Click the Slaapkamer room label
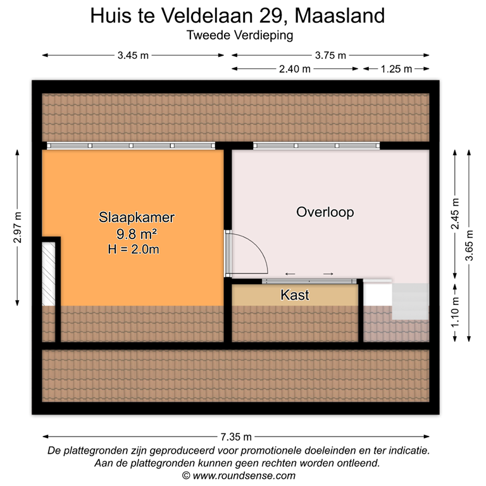pos(136,218)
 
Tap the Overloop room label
pos(325,212)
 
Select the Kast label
pos(294,295)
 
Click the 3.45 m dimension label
pos(133,55)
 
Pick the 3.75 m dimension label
pos(330,55)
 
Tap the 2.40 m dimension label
pos(295,69)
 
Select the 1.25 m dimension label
pos(396,69)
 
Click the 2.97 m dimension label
pos(17,227)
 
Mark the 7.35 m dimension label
pos(235,436)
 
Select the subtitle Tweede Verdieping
pos(240,35)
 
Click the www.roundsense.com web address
pos(244,475)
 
